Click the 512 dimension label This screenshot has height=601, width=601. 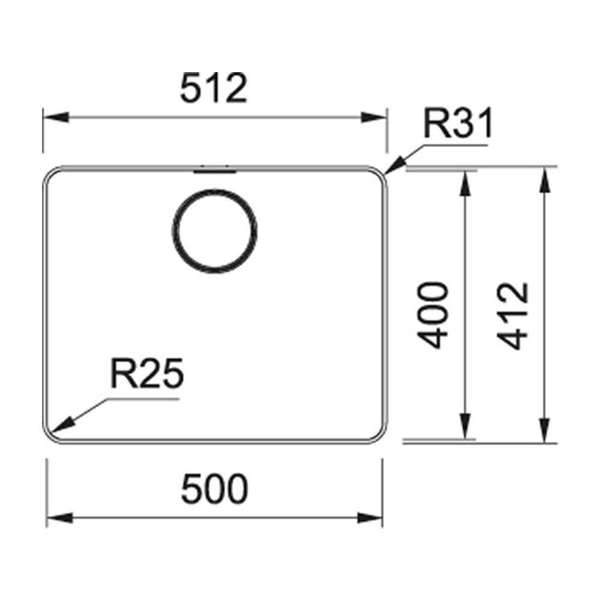tap(213, 89)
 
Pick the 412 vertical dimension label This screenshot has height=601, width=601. tap(514, 315)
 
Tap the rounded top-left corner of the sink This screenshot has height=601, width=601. tap(49, 175)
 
